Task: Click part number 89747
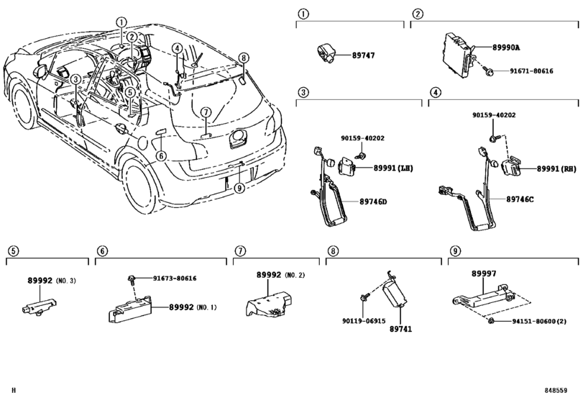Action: [364, 55]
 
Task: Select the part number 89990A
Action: [506, 47]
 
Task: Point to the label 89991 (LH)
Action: [393, 168]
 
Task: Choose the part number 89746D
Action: [373, 201]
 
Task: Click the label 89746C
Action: [520, 199]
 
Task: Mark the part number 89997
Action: [484, 273]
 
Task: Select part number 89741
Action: [400, 329]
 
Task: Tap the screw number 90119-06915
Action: [364, 321]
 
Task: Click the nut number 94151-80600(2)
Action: [539, 321]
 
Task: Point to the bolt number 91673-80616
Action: [175, 279]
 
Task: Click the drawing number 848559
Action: [556, 390]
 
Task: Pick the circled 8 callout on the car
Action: [243, 58]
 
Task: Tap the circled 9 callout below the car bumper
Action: [239, 189]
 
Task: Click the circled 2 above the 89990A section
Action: [418, 14]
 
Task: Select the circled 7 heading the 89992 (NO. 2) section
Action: [240, 251]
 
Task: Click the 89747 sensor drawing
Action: [326, 53]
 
